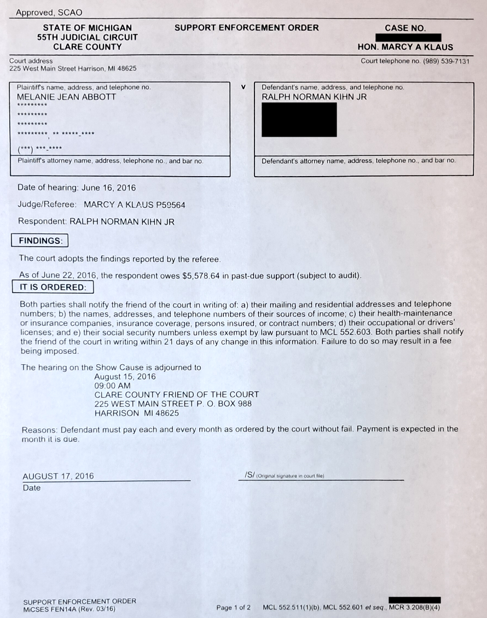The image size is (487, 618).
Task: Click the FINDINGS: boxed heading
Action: click(x=40, y=240)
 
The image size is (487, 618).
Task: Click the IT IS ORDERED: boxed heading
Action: click(x=53, y=287)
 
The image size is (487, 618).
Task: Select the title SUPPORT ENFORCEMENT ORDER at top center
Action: click(x=246, y=27)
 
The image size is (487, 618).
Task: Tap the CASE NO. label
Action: click(x=405, y=28)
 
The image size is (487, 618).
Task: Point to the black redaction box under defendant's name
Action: click(x=299, y=119)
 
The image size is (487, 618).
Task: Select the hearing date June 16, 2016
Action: click(x=108, y=188)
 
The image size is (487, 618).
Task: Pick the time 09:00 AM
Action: click(x=112, y=386)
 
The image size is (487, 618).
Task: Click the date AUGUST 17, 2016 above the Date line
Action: click(x=58, y=476)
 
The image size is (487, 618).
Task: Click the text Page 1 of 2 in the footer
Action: click(x=234, y=608)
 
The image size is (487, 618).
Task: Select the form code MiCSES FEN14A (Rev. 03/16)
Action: click(x=69, y=608)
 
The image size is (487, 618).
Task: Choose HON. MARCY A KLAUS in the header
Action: click(x=405, y=47)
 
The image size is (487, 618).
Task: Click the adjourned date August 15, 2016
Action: click(x=125, y=377)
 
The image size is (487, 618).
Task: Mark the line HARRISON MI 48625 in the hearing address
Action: click(x=136, y=413)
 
